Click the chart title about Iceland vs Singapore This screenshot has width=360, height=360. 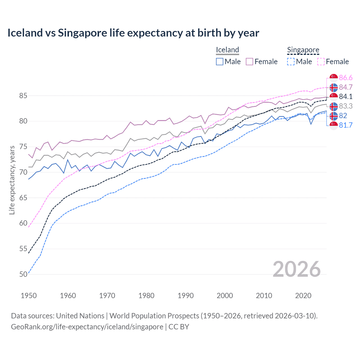[133, 33]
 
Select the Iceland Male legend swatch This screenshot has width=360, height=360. [220, 62]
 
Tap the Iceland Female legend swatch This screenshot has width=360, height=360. [249, 62]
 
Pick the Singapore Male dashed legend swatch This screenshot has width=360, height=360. [291, 62]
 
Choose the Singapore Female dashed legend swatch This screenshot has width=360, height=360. [321, 62]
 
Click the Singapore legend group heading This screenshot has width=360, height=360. [303, 50]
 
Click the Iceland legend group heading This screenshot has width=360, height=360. [227, 50]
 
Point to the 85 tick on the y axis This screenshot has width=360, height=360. [23, 96]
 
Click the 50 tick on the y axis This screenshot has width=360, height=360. [23, 274]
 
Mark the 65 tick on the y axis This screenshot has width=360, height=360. [23, 198]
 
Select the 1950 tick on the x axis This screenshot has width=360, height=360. [29, 296]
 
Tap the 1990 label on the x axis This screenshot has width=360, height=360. [186, 296]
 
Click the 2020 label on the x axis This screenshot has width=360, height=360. [303, 296]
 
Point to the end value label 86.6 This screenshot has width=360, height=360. [346, 78]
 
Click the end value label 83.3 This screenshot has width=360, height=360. [346, 106]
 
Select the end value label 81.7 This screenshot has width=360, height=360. [346, 125]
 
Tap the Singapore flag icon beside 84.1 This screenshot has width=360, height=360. [334, 97]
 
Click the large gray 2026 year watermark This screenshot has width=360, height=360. [296, 269]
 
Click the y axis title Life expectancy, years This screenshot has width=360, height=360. [12, 180]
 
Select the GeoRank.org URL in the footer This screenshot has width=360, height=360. [87, 327]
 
